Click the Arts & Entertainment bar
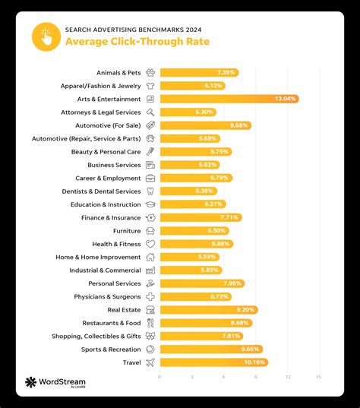(x=228, y=99)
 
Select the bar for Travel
(x=213, y=362)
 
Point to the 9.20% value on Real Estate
(x=246, y=310)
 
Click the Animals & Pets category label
(x=118, y=72)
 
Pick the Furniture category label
(x=127, y=230)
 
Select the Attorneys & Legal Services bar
(x=188, y=112)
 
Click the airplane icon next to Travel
(x=150, y=362)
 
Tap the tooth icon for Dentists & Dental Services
(x=150, y=191)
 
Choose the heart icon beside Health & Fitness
(x=150, y=244)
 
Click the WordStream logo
(x=55, y=383)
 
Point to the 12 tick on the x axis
(x=288, y=377)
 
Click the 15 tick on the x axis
(x=319, y=377)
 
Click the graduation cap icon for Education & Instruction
(x=150, y=204)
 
